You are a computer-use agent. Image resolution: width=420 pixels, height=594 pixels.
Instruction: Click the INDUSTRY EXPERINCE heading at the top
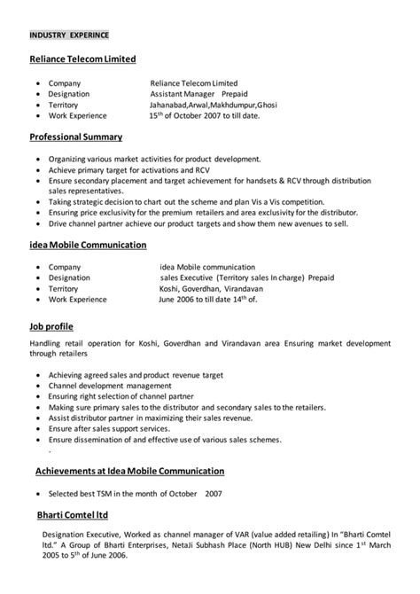(x=69, y=35)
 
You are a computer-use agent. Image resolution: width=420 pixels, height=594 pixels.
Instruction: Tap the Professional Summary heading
(x=76, y=137)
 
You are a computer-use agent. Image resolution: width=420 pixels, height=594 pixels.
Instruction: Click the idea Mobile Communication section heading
(x=89, y=244)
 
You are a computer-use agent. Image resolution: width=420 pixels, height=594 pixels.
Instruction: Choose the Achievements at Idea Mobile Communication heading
(x=129, y=470)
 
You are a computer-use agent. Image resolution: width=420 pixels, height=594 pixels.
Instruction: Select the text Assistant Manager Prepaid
(x=199, y=93)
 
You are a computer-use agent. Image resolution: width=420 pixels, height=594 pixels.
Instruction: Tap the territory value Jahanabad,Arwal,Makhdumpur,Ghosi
(x=214, y=105)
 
